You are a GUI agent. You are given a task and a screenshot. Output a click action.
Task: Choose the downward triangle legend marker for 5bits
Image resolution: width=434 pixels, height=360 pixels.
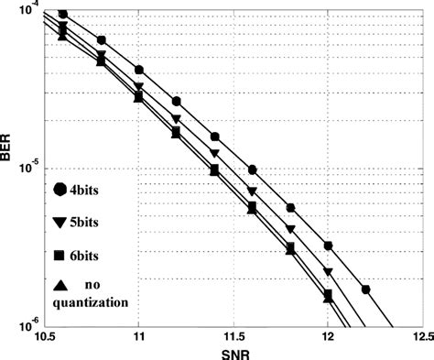click(x=62, y=222)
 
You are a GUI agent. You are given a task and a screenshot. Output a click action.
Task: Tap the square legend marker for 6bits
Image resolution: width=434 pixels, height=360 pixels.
click(x=62, y=254)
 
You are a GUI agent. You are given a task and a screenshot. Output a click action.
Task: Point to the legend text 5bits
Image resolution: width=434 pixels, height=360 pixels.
click(x=94, y=222)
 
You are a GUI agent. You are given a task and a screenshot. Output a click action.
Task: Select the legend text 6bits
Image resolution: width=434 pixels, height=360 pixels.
click(x=94, y=254)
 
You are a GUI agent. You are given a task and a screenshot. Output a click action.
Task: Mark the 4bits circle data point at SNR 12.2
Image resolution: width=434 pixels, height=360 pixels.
click(x=366, y=289)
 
